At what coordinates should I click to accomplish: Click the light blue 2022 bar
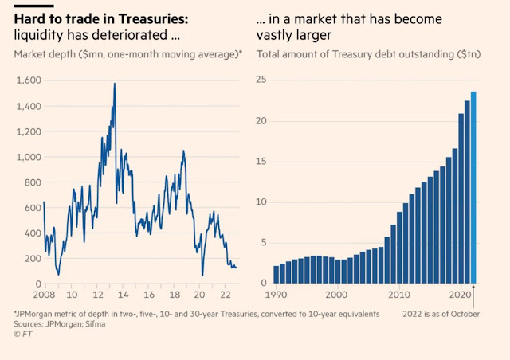(x=474, y=188)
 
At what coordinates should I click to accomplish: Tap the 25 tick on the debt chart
(x=261, y=80)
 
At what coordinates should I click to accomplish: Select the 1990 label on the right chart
(x=277, y=293)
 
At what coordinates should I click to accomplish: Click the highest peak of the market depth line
(x=115, y=84)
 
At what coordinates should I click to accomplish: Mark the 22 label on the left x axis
(x=226, y=293)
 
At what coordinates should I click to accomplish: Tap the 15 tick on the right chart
(x=261, y=162)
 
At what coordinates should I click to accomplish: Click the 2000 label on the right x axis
(x=339, y=293)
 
